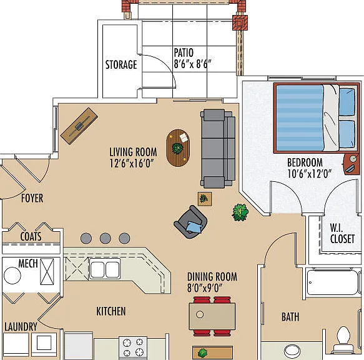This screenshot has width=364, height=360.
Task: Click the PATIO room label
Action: (184, 52)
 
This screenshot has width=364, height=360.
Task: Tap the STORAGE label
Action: (121, 64)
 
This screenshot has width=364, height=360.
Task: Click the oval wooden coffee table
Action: (178, 147)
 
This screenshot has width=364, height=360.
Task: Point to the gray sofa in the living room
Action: (218, 148)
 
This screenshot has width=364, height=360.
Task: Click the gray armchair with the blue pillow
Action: (191, 222)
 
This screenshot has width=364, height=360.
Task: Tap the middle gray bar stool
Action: (105, 238)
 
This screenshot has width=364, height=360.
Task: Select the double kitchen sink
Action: (105, 269)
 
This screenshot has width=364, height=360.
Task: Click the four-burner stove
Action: (133, 347)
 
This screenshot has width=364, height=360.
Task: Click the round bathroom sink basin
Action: (292, 351)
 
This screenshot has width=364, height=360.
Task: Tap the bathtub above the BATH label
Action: (333, 281)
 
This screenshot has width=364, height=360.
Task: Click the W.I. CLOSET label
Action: (342, 234)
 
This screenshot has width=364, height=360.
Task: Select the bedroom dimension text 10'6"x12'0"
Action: (309, 174)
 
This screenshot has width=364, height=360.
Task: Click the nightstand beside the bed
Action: (352, 164)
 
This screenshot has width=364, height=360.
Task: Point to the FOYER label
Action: (32, 198)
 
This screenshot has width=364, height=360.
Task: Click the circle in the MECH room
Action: (12, 276)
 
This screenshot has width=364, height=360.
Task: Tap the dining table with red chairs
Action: (212, 316)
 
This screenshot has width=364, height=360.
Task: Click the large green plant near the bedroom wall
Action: (240, 212)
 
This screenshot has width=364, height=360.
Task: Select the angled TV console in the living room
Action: (79, 126)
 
